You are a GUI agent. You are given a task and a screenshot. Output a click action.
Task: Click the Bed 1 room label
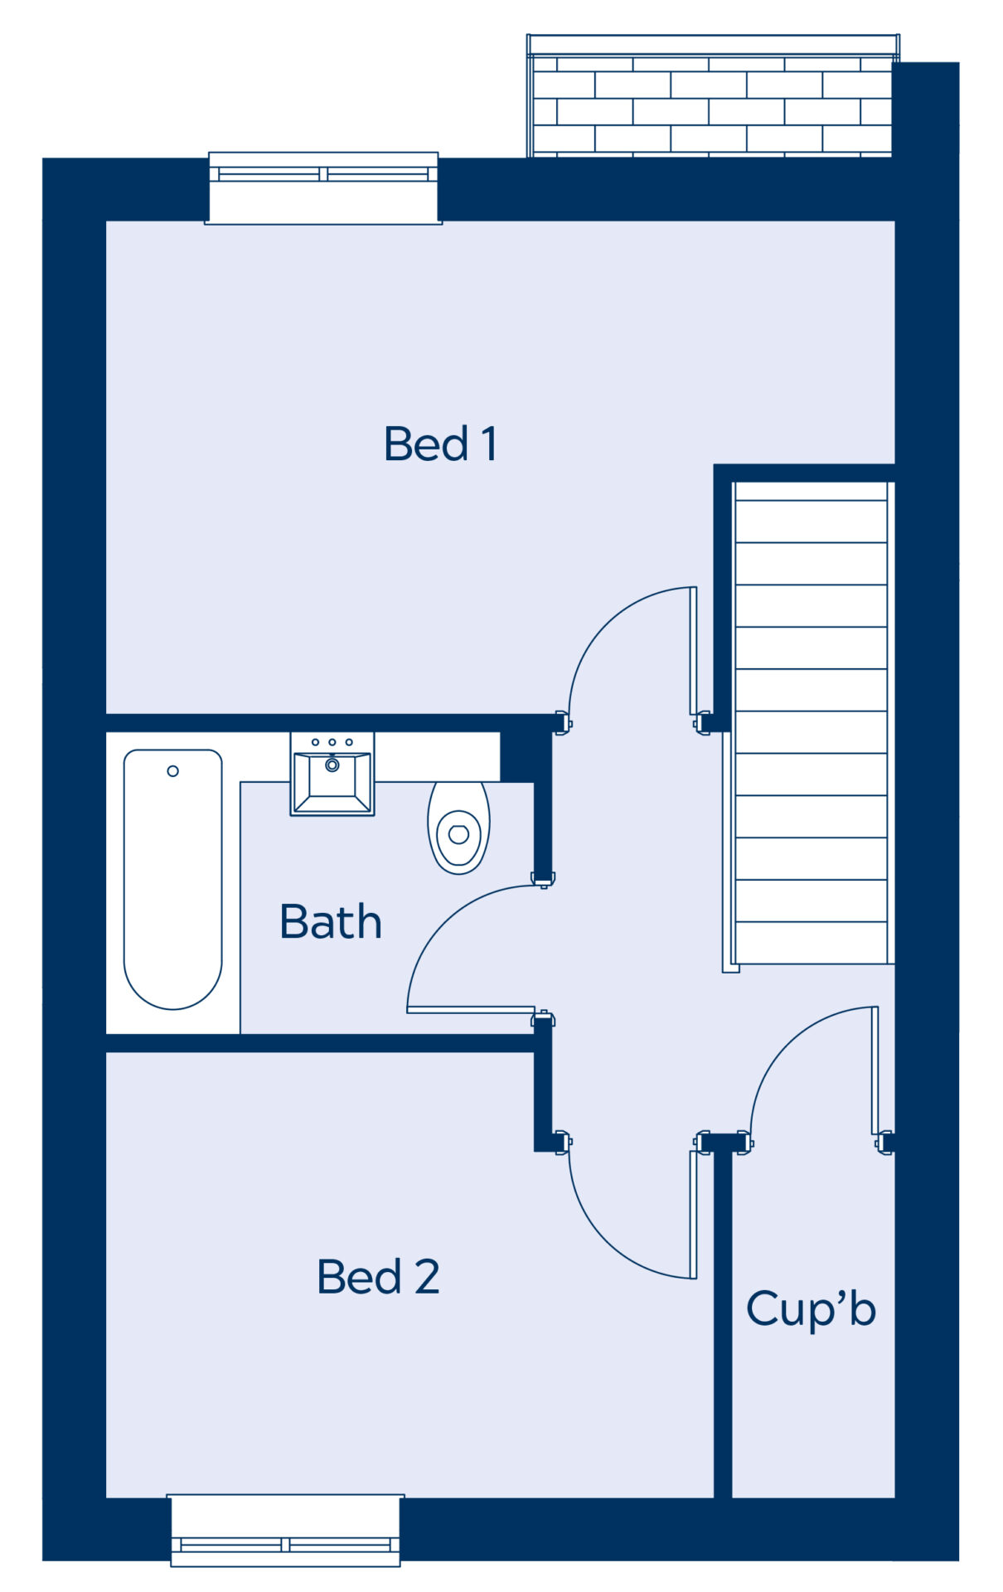(x=440, y=444)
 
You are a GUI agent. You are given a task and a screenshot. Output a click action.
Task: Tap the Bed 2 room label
(x=378, y=1276)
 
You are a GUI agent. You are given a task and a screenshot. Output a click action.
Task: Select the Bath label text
(x=331, y=921)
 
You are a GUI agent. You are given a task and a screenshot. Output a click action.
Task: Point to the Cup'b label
(x=811, y=1310)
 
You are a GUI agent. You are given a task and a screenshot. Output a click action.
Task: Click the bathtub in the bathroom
(x=172, y=879)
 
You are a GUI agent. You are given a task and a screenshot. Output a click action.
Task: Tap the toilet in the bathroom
(x=458, y=828)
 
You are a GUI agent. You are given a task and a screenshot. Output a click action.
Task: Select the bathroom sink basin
(x=332, y=774)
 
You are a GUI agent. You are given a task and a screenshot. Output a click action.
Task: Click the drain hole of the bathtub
(x=172, y=771)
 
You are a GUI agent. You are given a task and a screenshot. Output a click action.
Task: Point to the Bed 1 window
(x=323, y=188)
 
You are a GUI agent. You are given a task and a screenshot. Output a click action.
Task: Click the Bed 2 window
(x=285, y=1531)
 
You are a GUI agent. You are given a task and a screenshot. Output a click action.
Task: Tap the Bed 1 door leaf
(x=694, y=651)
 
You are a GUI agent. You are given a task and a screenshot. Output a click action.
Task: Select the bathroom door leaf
(x=471, y=1010)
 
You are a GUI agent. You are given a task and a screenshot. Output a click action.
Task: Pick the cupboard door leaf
(x=875, y=1070)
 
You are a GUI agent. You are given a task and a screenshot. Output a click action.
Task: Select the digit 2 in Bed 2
(x=427, y=1276)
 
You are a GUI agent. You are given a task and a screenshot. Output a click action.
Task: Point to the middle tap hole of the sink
(x=332, y=742)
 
